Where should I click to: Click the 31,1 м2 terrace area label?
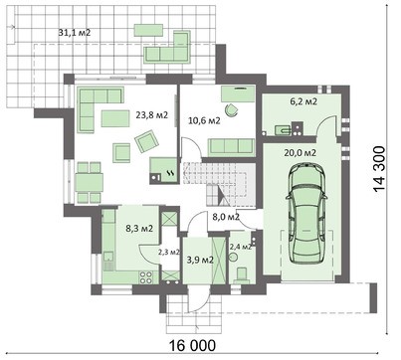click(75, 33)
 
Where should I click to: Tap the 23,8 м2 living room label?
click(152, 115)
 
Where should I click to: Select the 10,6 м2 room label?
click(204, 120)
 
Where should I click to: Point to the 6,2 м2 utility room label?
click(303, 101)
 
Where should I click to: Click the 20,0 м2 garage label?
click(301, 152)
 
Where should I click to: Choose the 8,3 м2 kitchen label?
click(139, 228)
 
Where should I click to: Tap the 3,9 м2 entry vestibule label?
click(200, 261)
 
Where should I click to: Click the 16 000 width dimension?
click(193, 346)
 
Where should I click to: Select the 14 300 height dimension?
click(379, 169)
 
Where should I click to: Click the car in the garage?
click(306, 213)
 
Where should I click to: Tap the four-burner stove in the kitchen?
click(146, 277)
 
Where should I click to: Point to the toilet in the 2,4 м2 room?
click(242, 274)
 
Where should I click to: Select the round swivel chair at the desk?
click(232, 109)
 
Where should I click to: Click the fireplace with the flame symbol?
click(164, 170)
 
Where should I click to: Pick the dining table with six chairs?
click(90, 182)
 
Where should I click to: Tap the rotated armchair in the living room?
click(146, 141)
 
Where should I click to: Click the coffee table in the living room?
click(115, 118)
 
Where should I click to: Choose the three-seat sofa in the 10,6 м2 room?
click(231, 146)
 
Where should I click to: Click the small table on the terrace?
click(148, 30)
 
